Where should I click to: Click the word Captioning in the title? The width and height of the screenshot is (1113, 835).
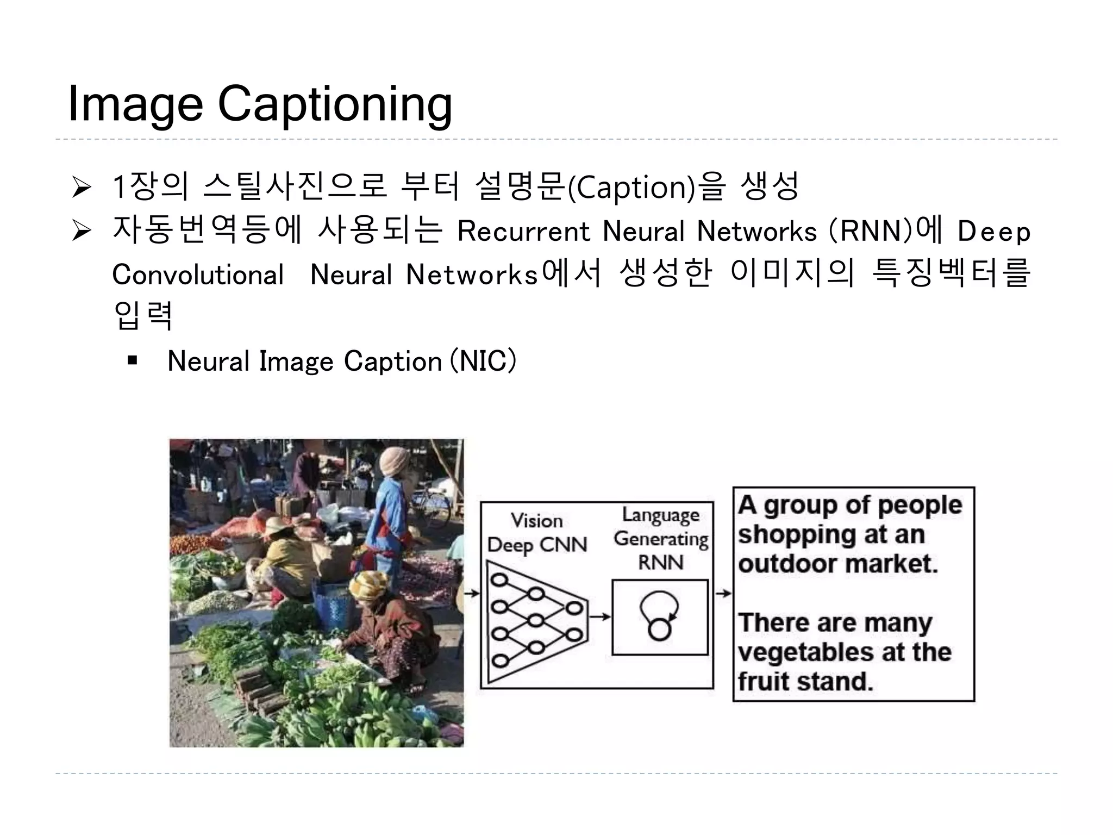coord(335,104)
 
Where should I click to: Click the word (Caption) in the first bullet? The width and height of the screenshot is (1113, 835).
coord(631,188)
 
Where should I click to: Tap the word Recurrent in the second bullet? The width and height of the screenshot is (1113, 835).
coord(523,232)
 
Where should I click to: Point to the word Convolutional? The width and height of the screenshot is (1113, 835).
coord(198,275)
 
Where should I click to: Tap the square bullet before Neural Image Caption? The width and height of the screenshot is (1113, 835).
coord(132,361)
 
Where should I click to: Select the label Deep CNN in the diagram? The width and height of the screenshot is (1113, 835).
coord(537,545)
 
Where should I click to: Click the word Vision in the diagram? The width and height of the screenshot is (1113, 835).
coord(537,521)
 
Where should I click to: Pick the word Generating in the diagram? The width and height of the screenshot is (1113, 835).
coord(661,539)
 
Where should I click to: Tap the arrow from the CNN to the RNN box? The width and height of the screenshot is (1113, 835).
coord(599,616)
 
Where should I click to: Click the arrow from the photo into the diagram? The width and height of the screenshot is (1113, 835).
coord(472,593)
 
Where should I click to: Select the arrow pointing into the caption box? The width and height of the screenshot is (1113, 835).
coord(723,593)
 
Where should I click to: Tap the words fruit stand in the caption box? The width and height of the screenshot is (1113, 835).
coord(805,681)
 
